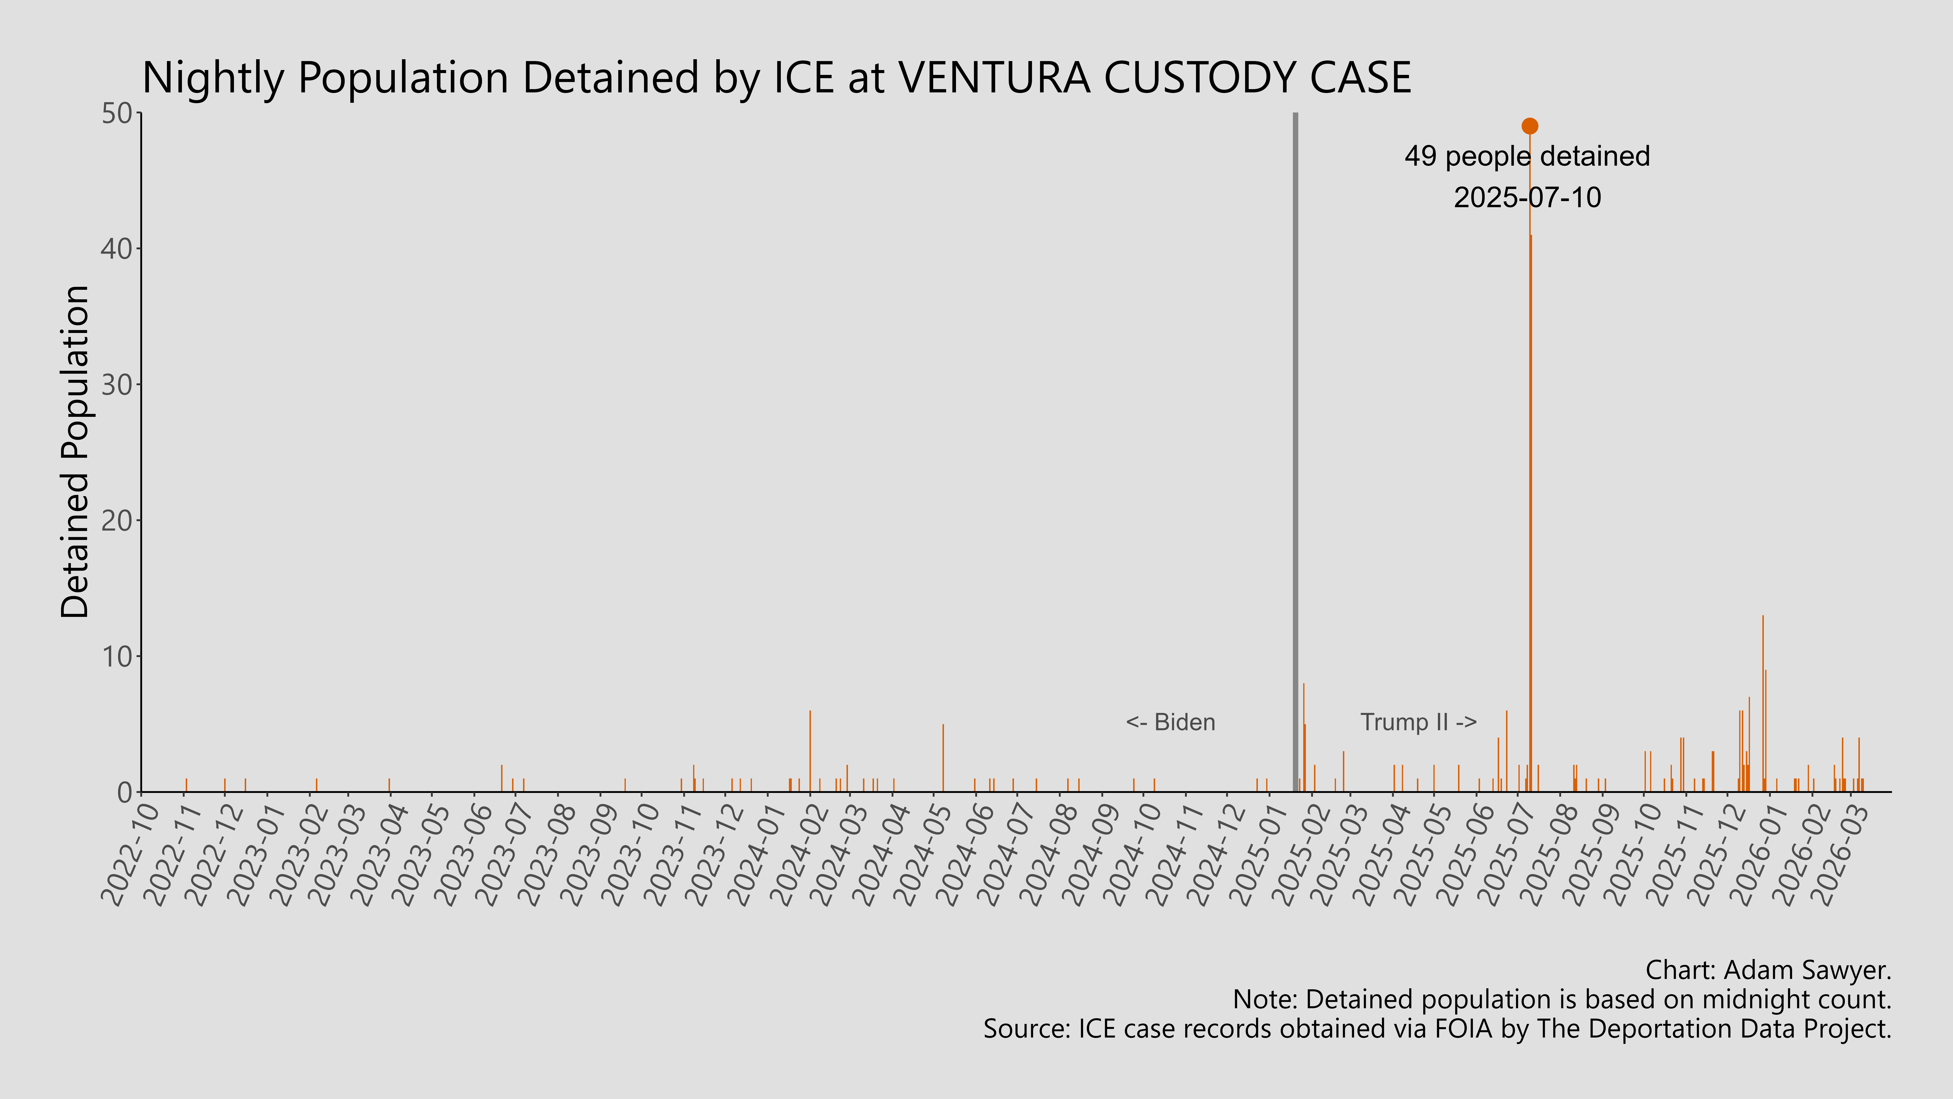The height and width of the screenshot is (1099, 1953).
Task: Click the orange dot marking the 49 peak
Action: point(1530,126)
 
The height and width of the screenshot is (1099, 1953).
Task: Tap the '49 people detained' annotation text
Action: point(1527,156)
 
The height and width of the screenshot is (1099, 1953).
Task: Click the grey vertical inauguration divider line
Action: point(1295,455)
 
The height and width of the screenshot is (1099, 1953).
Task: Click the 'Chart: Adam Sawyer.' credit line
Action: point(1768,970)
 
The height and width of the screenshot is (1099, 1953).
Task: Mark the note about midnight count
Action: point(1562,1000)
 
